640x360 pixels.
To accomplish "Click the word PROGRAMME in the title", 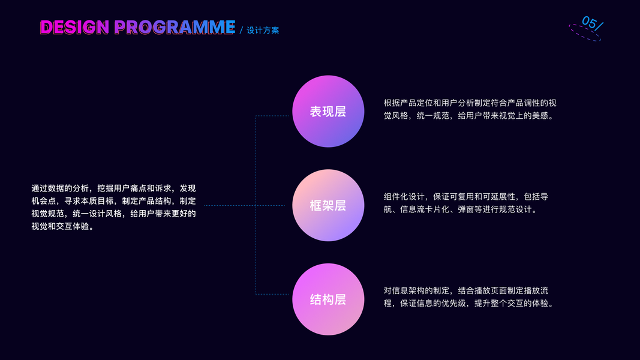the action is click(174, 27).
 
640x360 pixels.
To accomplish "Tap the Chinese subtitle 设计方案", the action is click(263, 30).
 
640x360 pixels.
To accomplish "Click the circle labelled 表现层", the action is click(328, 111).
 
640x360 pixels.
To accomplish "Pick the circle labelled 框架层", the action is click(328, 205).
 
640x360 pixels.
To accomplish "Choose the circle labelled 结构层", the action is click(328, 299).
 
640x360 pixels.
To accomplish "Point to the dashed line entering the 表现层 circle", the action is click(274, 116).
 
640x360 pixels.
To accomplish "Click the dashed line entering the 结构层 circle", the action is click(274, 293).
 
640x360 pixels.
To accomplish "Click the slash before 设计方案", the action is click(241, 30).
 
